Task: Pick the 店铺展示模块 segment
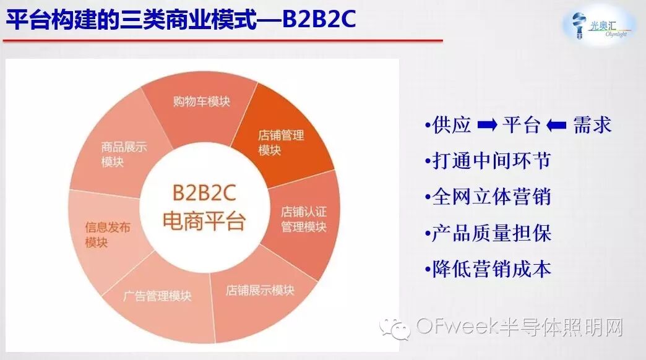click(x=259, y=291)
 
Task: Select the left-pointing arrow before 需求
click(x=557, y=126)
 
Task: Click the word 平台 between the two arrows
click(x=522, y=126)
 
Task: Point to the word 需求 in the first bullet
click(x=592, y=126)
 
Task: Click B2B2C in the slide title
click(x=319, y=20)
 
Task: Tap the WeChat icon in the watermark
click(x=395, y=328)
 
